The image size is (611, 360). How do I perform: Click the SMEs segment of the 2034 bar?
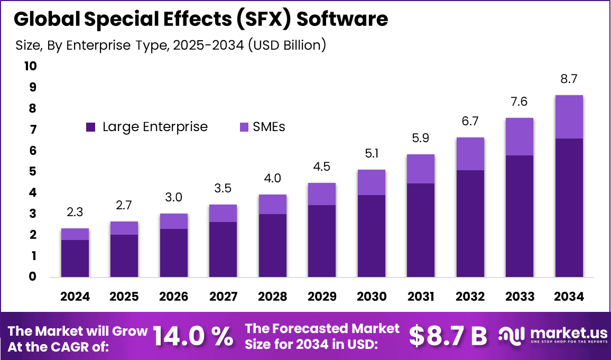tap(569, 117)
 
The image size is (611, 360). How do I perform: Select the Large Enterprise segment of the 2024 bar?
tap(75, 259)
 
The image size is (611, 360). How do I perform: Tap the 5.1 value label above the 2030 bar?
tap(371, 154)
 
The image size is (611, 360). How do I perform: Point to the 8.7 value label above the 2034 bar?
tap(569, 79)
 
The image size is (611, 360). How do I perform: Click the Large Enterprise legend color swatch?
tap(90, 127)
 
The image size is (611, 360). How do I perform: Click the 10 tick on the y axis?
tap(30, 66)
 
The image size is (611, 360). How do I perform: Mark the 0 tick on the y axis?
tap(33, 276)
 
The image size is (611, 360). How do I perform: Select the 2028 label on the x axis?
tap(272, 297)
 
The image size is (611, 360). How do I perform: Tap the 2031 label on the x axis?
tap(421, 297)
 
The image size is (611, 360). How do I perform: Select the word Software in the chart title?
tap(342, 19)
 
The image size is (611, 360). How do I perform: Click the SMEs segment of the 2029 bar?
tap(322, 194)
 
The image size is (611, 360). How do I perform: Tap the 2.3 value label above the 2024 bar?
tap(75, 213)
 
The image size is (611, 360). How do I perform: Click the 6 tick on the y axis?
tap(33, 151)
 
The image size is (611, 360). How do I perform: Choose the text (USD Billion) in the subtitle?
tap(286, 45)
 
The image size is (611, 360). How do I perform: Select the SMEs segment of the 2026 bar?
tap(174, 221)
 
